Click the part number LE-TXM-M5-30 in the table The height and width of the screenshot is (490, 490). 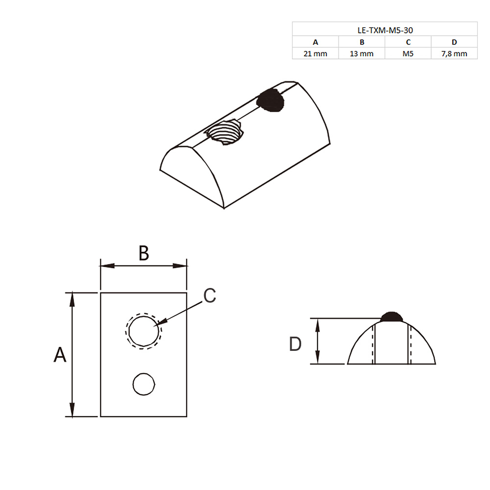click(385, 30)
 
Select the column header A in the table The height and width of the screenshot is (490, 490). click(315, 42)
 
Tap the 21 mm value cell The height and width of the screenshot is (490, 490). click(315, 54)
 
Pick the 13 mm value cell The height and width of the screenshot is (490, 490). click(362, 54)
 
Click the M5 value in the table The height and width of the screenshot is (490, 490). click(408, 54)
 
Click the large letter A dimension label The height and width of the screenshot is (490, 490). click(60, 355)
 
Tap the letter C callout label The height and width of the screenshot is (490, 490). click(210, 296)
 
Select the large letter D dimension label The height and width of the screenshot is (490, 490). click(295, 344)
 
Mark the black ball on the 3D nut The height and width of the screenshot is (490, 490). click(270, 100)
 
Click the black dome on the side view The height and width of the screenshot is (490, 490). click(391, 317)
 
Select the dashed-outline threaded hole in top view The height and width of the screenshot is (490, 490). click(143, 331)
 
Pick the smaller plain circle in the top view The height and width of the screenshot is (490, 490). click(144, 384)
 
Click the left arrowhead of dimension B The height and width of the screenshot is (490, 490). click(106, 266)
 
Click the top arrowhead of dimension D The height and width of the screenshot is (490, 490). click(317, 325)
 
